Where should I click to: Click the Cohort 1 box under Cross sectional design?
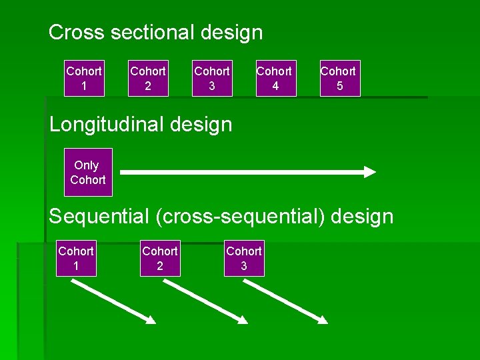[84, 79]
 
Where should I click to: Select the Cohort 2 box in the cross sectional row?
[147, 79]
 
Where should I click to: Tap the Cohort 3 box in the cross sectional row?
[211, 79]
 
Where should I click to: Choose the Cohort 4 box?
[274, 79]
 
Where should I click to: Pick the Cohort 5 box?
[338, 79]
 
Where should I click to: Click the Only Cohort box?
[88, 172]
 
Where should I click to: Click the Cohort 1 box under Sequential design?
[76, 258]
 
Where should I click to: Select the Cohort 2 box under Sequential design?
[160, 258]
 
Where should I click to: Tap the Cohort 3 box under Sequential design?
[244, 258]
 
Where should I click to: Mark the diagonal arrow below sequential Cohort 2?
[205, 301]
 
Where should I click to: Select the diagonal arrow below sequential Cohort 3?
[285, 301]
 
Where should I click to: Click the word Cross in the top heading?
[72, 32]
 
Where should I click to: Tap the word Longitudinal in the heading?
[109, 124]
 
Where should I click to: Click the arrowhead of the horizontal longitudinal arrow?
[369, 172]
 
